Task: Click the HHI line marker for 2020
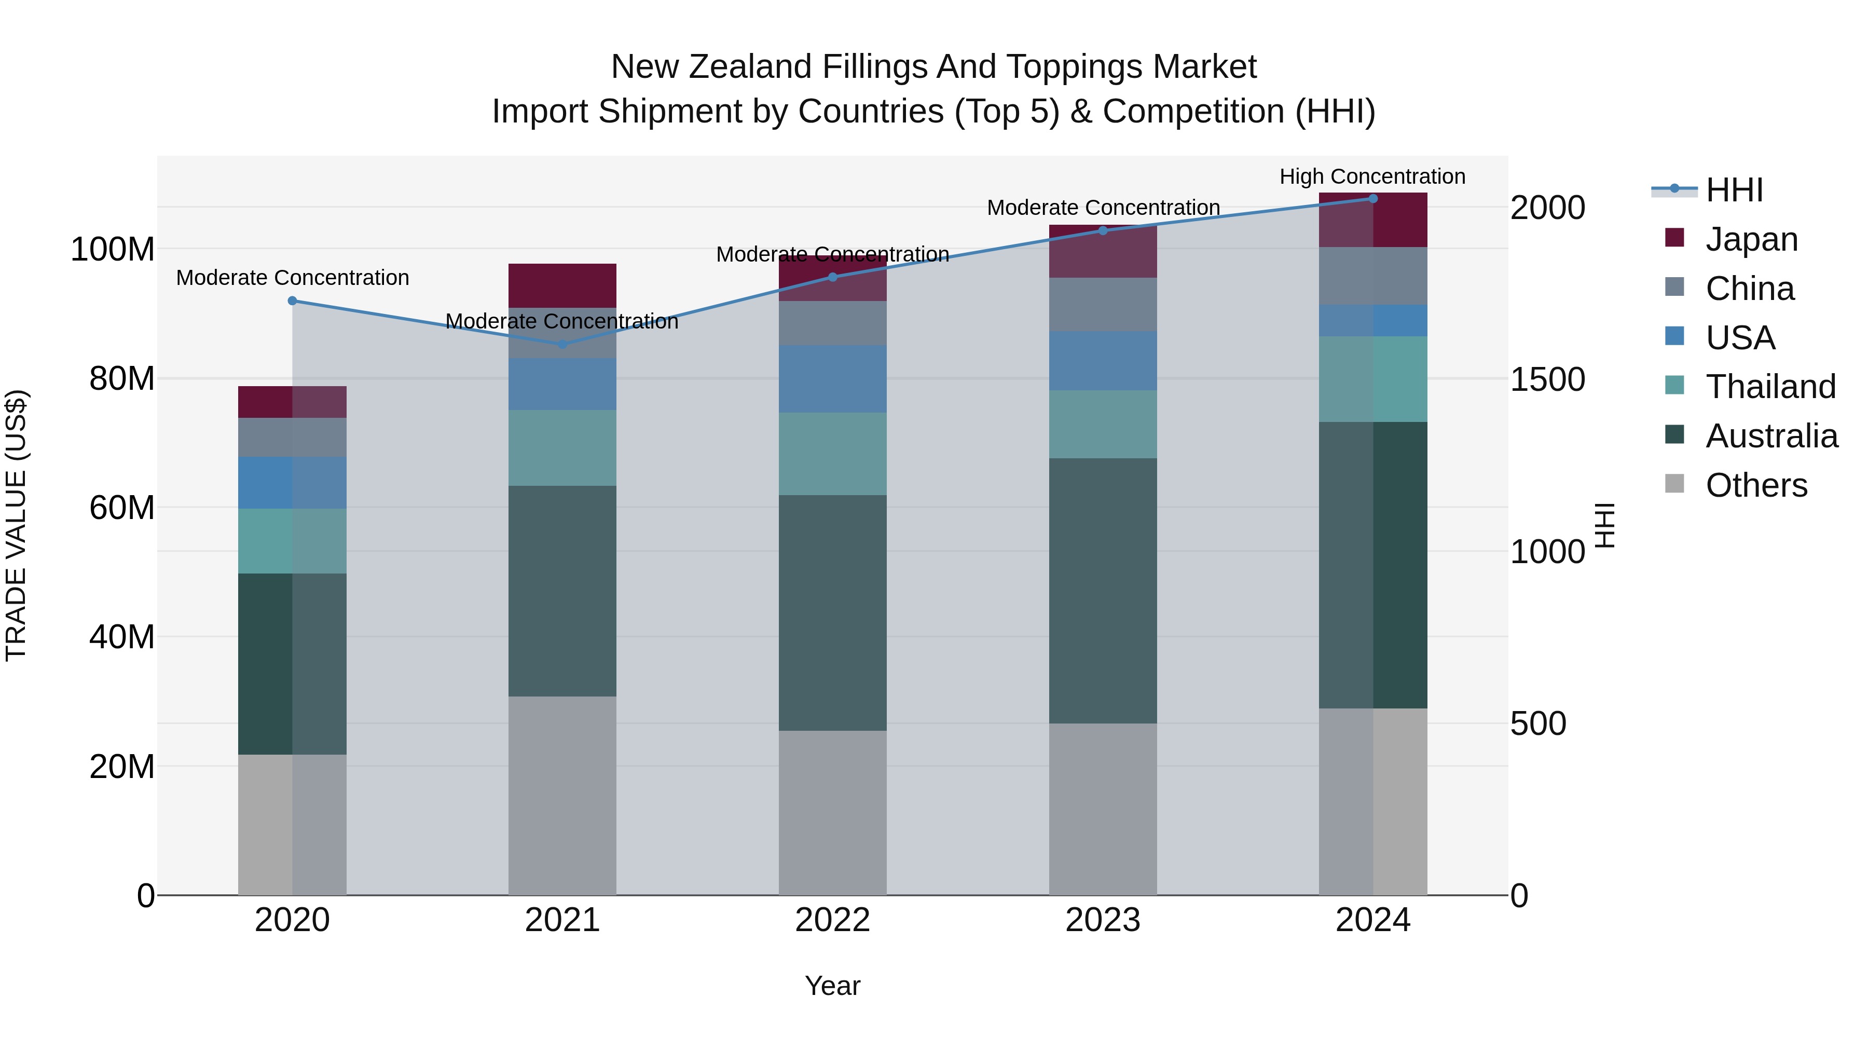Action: click(x=292, y=301)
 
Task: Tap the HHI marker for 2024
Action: click(x=1372, y=199)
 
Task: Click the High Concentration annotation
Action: click(x=1372, y=176)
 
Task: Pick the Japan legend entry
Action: click(x=1751, y=239)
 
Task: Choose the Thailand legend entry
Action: click(x=1770, y=387)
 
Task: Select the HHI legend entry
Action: click(x=1734, y=190)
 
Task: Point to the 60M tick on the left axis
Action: click(x=122, y=508)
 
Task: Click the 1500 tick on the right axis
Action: click(x=1547, y=379)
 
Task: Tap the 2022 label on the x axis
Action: click(x=832, y=920)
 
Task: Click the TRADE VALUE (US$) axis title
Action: click(x=16, y=525)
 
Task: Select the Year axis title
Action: click(x=832, y=986)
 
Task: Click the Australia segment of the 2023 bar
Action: click(x=1103, y=591)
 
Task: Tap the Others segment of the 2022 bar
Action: click(x=832, y=812)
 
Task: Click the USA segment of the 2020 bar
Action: click(x=292, y=482)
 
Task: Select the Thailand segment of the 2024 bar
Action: click(x=1372, y=379)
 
